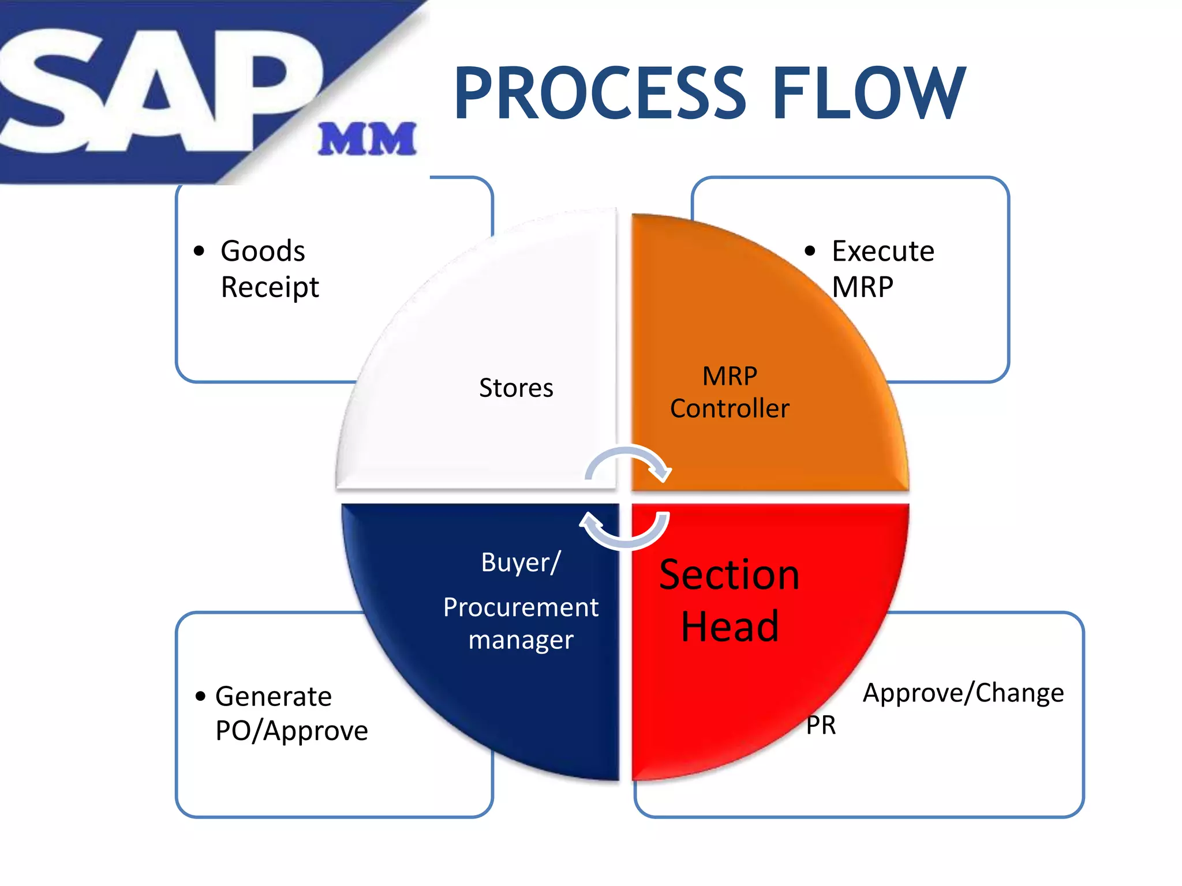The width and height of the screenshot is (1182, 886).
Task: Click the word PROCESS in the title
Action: (600, 93)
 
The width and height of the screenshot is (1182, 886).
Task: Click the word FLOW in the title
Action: (868, 93)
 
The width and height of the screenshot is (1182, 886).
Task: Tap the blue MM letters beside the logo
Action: (367, 139)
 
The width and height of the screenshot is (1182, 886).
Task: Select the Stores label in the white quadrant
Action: (516, 388)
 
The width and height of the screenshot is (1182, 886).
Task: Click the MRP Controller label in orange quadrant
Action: (730, 392)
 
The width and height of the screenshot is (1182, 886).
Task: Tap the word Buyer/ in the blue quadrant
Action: (521, 562)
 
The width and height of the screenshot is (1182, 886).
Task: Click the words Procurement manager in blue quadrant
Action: (521, 623)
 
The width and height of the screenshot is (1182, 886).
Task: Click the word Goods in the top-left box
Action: (263, 251)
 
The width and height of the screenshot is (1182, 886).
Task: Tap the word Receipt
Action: (270, 287)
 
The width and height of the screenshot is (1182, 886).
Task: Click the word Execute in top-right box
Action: (882, 251)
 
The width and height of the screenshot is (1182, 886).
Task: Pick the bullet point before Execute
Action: (810, 251)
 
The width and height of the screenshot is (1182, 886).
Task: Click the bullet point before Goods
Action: (199, 251)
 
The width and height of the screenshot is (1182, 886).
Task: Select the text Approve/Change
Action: (963, 693)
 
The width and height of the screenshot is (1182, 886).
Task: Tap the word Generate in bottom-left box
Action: (274, 697)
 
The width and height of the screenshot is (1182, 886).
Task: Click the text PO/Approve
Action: (291, 731)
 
